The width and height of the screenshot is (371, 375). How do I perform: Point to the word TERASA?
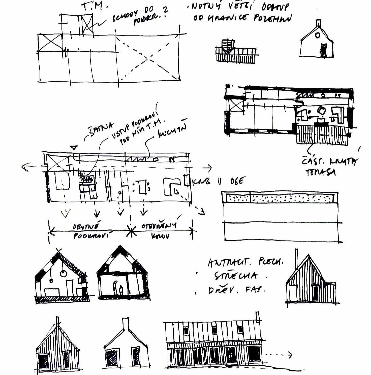pos(321,173)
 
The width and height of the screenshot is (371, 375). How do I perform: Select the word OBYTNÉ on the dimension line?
pos(86,226)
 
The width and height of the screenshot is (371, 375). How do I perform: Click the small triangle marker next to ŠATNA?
pos(74,147)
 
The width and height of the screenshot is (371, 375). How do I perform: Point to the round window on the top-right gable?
pos(318,36)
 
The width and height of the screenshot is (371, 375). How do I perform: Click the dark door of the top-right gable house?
pos(323,50)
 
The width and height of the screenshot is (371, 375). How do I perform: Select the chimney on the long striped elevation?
pos(257,317)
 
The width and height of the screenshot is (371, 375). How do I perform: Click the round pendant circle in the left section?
pos(63,273)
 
